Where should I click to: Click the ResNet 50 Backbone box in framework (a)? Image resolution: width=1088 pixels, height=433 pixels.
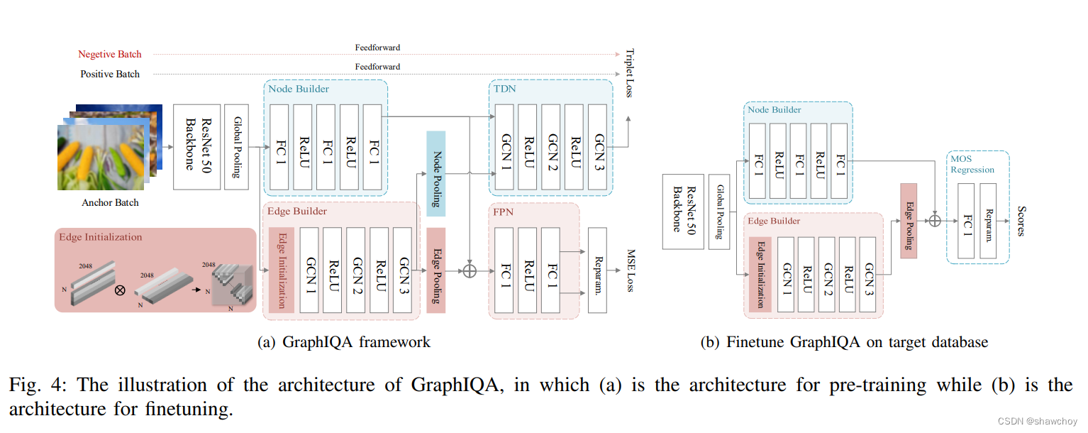click(196, 147)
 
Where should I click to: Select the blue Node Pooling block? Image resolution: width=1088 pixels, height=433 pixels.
click(435, 173)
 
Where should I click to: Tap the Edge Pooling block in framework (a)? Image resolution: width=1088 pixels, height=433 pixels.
click(435, 270)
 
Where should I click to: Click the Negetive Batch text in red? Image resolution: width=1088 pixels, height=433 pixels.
click(110, 54)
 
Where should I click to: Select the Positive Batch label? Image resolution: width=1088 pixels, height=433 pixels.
click(110, 74)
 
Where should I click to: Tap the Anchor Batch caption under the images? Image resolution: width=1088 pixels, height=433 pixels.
click(110, 203)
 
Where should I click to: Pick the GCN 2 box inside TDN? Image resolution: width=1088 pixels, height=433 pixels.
click(551, 147)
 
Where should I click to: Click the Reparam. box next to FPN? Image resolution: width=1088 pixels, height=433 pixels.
click(597, 270)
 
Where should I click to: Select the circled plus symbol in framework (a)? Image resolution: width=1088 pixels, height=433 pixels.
click(469, 270)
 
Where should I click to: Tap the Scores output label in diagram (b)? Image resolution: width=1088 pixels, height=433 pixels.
click(1021, 221)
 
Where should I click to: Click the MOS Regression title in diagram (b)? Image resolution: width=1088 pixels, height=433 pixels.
click(972, 165)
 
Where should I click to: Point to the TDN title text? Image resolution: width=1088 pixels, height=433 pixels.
click(504, 89)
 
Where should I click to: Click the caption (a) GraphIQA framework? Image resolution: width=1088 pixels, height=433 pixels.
click(343, 342)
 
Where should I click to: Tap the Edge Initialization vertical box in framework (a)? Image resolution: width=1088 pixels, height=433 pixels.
click(281, 270)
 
